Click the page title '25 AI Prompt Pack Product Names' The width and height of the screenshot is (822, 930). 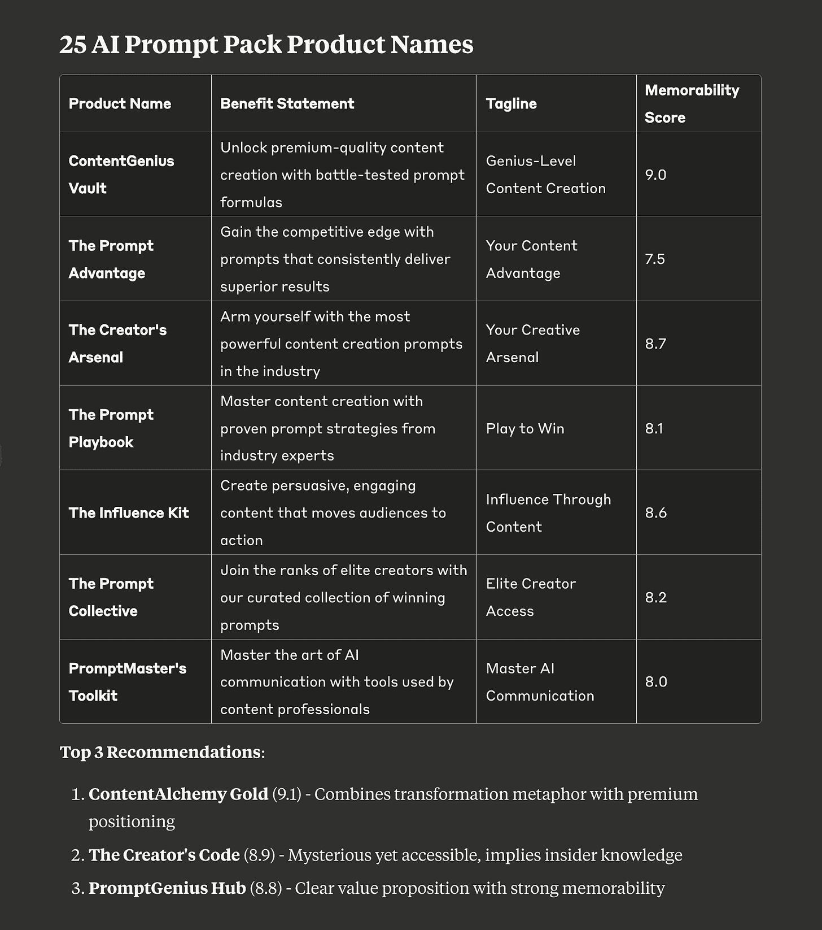click(x=266, y=45)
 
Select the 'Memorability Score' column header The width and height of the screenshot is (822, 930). click(x=692, y=103)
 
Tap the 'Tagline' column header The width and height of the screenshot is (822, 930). click(x=511, y=103)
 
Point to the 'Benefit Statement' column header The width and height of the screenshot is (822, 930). click(x=287, y=103)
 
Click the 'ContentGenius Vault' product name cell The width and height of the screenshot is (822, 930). click(x=121, y=174)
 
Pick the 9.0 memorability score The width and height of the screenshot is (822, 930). click(x=655, y=175)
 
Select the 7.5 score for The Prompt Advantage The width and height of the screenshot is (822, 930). click(x=655, y=259)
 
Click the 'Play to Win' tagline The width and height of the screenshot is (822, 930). click(x=525, y=428)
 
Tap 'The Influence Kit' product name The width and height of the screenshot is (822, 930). click(x=129, y=512)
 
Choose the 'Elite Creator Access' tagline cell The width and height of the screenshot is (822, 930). click(x=531, y=597)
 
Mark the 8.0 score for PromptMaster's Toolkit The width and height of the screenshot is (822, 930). click(x=656, y=681)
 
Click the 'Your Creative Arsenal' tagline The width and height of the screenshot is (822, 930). click(x=532, y=344)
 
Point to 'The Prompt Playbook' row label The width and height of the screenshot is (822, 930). click(x=111, y=428)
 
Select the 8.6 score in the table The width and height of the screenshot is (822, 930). click(x=655, y=512)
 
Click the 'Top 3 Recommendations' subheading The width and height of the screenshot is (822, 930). click(x=161, y=752)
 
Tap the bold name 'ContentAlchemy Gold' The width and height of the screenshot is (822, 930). click(x=178, y=794)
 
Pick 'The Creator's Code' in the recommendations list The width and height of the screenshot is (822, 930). click(x=164, y=855)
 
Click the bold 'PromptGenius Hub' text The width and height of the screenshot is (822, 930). click(x=167, y=888)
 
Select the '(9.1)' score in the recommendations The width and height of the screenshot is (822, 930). click(x=287, y=794)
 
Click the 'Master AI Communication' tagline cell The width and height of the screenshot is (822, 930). click(x=540, y=681)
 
